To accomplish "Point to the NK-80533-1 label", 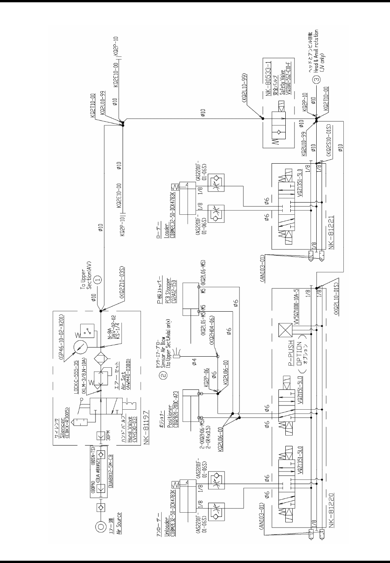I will click(268, 78).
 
